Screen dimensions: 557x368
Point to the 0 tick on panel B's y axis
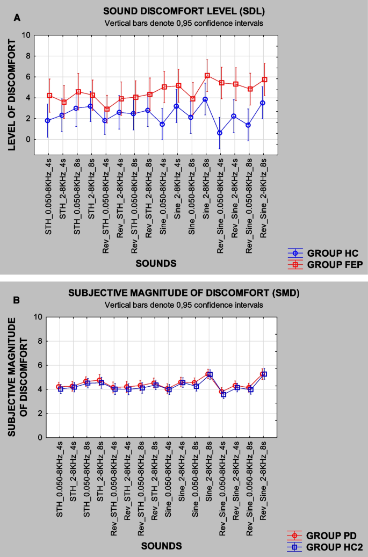39,437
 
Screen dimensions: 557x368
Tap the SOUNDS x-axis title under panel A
156,263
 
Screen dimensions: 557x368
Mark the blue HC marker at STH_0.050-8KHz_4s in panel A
48,120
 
